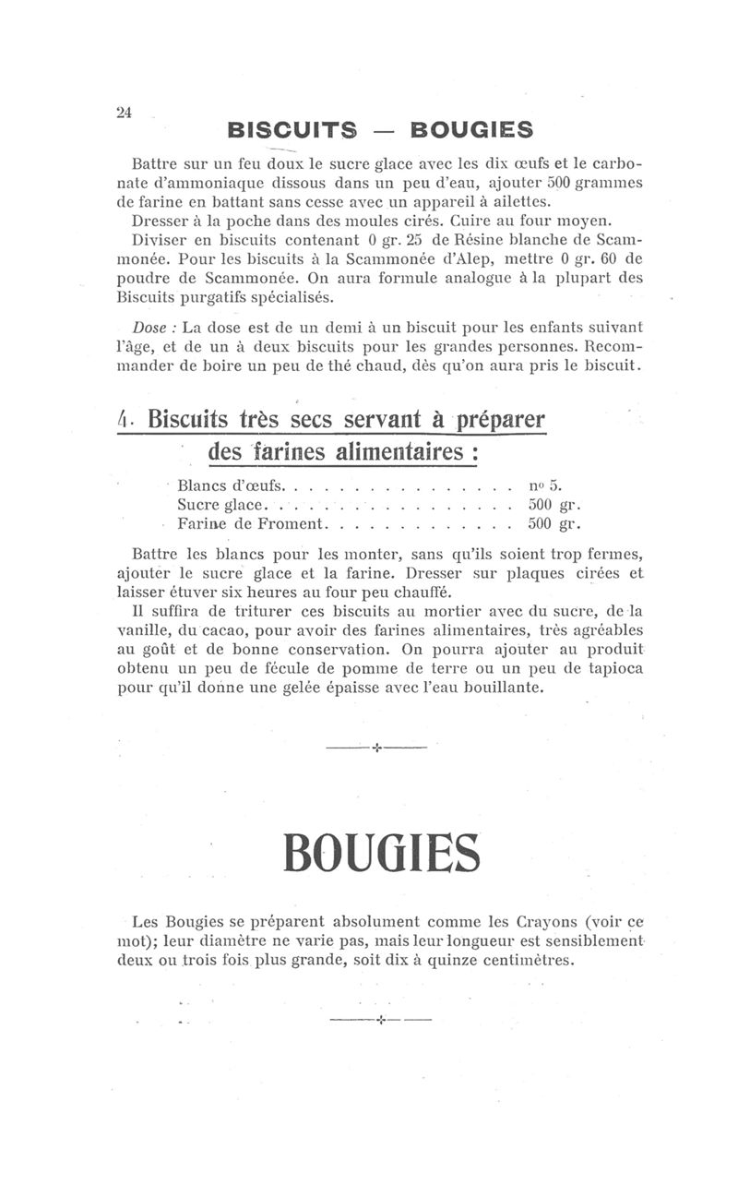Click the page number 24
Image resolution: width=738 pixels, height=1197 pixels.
pyautogui.click(x=125, y=113)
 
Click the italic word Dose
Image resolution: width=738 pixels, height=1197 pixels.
pyautogui.click(x=150, y=328)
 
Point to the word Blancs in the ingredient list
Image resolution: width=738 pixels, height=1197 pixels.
pyautogui.click(x=202, y=485)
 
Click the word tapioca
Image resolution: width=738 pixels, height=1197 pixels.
pyautogui.click(x=612, y=668)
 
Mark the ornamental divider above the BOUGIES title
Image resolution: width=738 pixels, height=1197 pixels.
pyautogui.click(x=376, y=747)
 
